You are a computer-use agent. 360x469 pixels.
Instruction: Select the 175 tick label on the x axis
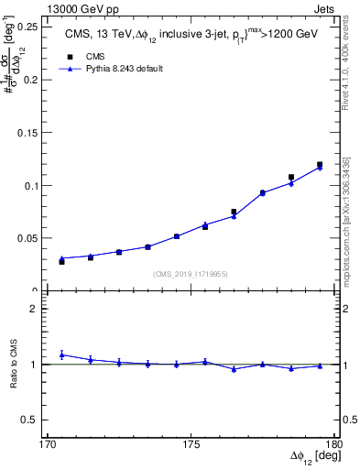click(191, 443)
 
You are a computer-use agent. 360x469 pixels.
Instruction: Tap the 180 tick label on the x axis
click(333, 443)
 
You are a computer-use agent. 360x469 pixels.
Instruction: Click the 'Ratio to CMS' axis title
click(14, 364)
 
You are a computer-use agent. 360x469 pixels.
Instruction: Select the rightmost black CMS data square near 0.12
click(320, 165)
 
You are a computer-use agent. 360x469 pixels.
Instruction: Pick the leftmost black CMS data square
click(62, 262)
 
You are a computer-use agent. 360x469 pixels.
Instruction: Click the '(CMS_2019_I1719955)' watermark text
click(191, 273)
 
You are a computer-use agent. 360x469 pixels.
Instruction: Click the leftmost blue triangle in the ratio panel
click(62, 354)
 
